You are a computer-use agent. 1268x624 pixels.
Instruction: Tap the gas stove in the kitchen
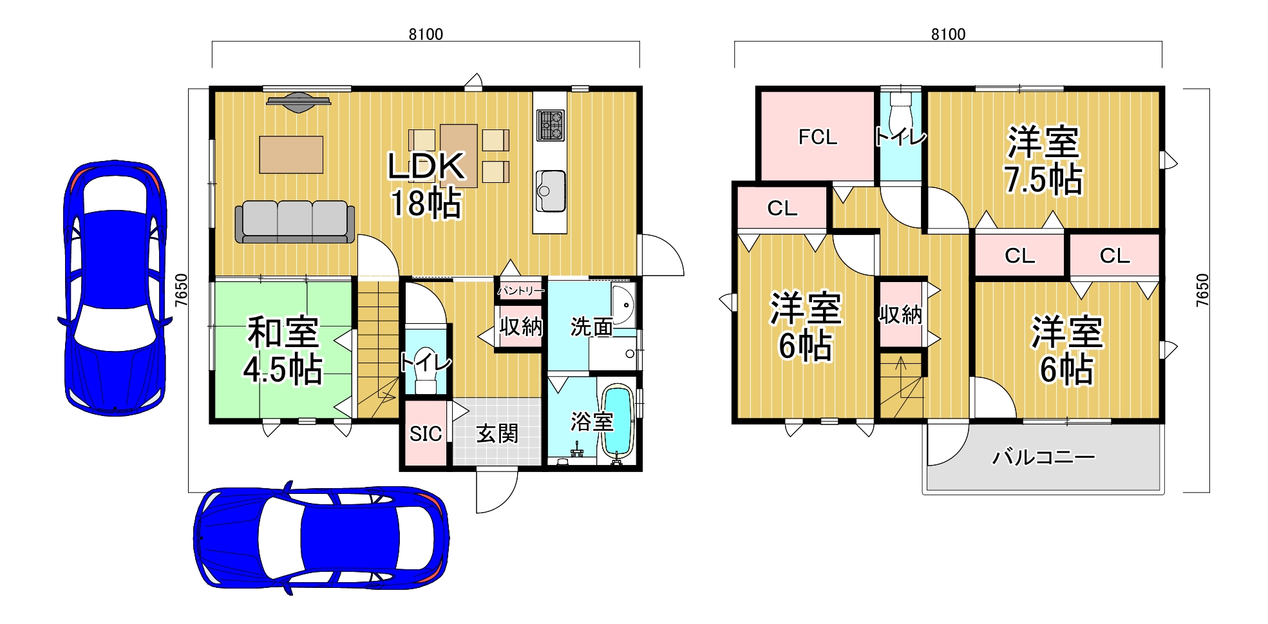[551, 125]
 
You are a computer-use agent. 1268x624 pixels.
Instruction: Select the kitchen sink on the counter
[551, 191]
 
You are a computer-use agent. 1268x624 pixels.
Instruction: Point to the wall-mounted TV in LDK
[299, 102]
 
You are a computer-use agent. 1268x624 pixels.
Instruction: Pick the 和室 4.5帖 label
[283, 351]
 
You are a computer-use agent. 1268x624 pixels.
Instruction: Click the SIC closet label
[426, 434]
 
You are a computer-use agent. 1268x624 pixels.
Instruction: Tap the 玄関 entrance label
[497, 433]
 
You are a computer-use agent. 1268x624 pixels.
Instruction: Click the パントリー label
[520, 291]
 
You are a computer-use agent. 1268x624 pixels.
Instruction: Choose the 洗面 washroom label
[591, 327]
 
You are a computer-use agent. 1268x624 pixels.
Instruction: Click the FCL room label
[818, 137]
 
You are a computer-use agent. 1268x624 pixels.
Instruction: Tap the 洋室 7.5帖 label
[1043, 161]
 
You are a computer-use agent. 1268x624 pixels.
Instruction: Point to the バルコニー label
[1044, 457]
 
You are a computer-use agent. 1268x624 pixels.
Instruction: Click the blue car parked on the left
[115, 288]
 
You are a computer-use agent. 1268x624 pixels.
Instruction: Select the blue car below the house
[321, 537]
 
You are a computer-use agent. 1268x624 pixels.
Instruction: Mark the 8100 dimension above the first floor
[426, 34]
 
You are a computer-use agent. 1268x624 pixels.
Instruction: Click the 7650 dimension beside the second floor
[1202, 290]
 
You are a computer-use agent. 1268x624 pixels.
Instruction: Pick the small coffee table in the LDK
[291, 155]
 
